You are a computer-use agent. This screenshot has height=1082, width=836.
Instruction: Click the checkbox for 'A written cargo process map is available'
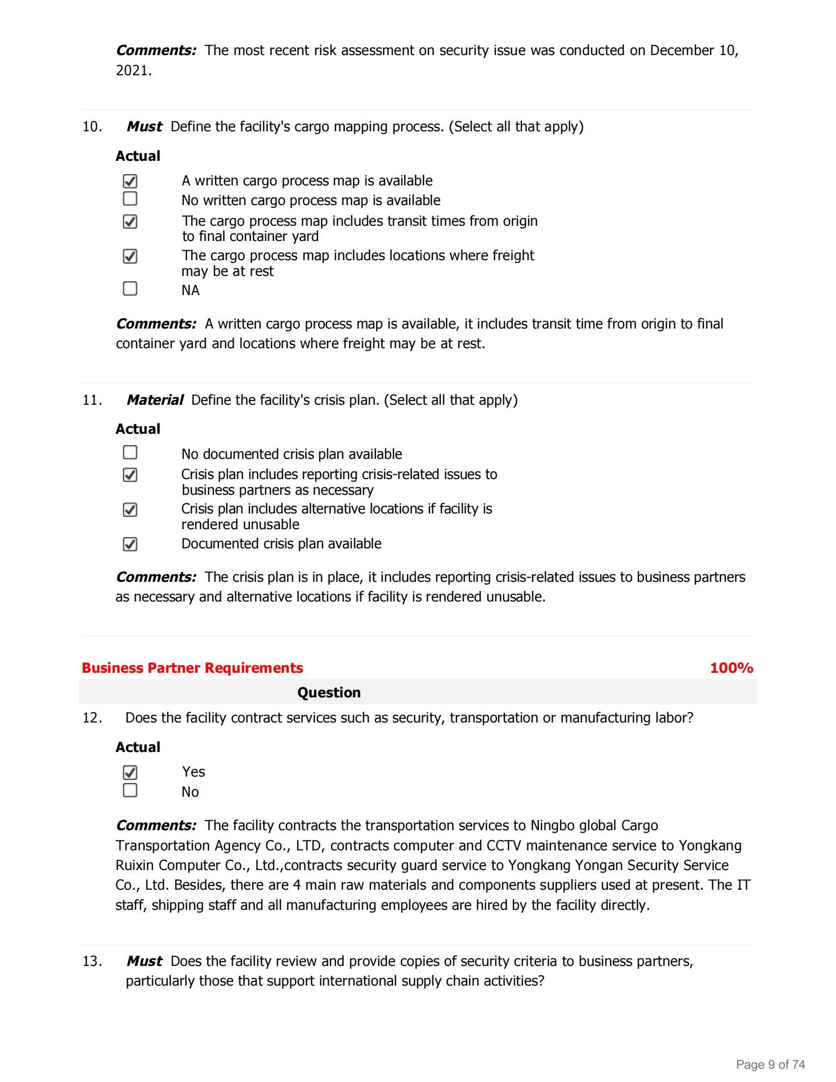[x=130, y=181]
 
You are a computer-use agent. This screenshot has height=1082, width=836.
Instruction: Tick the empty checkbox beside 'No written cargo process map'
[x=130, y=199]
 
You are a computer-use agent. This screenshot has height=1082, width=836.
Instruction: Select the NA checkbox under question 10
[x=130, y=288]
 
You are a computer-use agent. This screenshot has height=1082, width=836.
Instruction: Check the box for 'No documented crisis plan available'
[x=130, y=452]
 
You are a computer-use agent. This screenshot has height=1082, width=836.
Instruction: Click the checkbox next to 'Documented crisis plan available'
[x=130, y=544]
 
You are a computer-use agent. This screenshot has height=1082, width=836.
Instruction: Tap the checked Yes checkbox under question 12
[x=130, y=772]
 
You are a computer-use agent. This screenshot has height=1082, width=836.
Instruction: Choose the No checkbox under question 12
[x=130, y=790]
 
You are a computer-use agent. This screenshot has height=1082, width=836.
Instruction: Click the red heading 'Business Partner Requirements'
[x=192, y=668]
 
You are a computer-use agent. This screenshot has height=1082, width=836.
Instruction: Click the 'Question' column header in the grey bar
[x=329, y=692]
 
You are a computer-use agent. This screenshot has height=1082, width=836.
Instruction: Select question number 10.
[x=92, y=127]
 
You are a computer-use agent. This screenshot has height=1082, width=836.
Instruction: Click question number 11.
[x=92, y=400]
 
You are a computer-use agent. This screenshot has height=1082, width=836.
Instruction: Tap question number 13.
[x=92, y=961]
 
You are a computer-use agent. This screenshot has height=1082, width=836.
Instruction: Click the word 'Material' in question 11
[x=154, y=400]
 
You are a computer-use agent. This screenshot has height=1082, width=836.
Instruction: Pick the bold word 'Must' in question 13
[x=144, y=961]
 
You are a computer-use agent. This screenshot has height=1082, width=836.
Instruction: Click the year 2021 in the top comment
[x=133, y=70]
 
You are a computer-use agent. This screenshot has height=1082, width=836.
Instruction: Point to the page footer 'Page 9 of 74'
[x=770, y=1064]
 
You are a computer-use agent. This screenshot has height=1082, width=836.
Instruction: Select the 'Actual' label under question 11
[x=138, y=428]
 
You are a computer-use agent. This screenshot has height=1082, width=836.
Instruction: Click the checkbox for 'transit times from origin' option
[x=130, y=221]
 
